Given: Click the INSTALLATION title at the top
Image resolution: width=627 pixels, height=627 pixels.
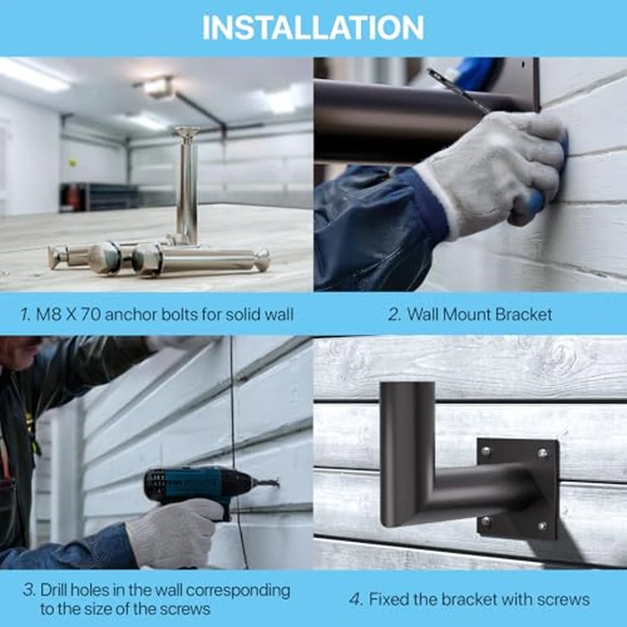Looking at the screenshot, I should click(313, 27).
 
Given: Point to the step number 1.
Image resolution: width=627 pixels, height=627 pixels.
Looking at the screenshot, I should click(24, 314).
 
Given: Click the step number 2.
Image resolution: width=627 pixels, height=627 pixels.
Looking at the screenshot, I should click(392, 314).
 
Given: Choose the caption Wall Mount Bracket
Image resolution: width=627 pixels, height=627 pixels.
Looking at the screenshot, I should click(479, 314).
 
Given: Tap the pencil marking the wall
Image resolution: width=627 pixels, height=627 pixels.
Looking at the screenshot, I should click(457, 90).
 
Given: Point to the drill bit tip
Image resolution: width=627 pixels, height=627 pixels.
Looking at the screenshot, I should click(276, 484).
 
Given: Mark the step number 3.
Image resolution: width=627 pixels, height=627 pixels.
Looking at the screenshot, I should click(30, 590).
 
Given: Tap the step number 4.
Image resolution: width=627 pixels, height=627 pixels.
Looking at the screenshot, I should click(355, 599).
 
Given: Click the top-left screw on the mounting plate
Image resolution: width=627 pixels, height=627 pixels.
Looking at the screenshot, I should click(486, 451).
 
